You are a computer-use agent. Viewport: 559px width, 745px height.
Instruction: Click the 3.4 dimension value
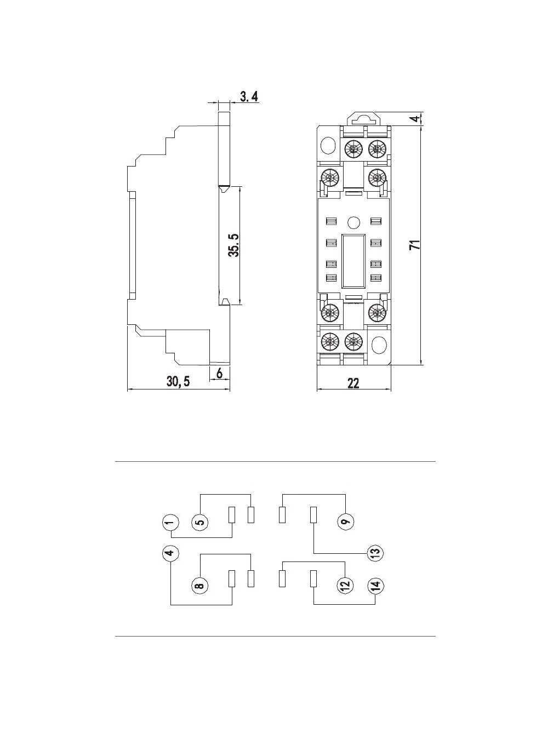coord(248,98)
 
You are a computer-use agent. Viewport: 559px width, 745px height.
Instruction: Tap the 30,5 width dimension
coord(178,382)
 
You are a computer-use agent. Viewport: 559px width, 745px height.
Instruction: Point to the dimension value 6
coord(219,374)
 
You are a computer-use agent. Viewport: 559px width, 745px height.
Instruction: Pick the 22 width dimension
coord(353,383)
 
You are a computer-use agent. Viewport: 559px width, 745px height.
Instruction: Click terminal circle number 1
coord(170,523)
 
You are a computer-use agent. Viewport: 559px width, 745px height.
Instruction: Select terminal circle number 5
coord(200,522)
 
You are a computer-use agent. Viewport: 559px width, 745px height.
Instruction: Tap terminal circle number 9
coord(345,522)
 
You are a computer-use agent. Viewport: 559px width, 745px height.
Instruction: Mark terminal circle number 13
coord(375,553)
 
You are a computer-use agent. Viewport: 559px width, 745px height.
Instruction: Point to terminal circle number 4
coord(170,553)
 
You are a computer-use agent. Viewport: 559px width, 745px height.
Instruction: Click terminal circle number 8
coord(200,586)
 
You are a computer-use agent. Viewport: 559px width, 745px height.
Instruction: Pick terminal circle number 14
coord(375,586)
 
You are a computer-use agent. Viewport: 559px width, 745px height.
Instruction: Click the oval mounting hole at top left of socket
coord(328,145)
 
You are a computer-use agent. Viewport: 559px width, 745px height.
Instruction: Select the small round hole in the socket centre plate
coord(353,222)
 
